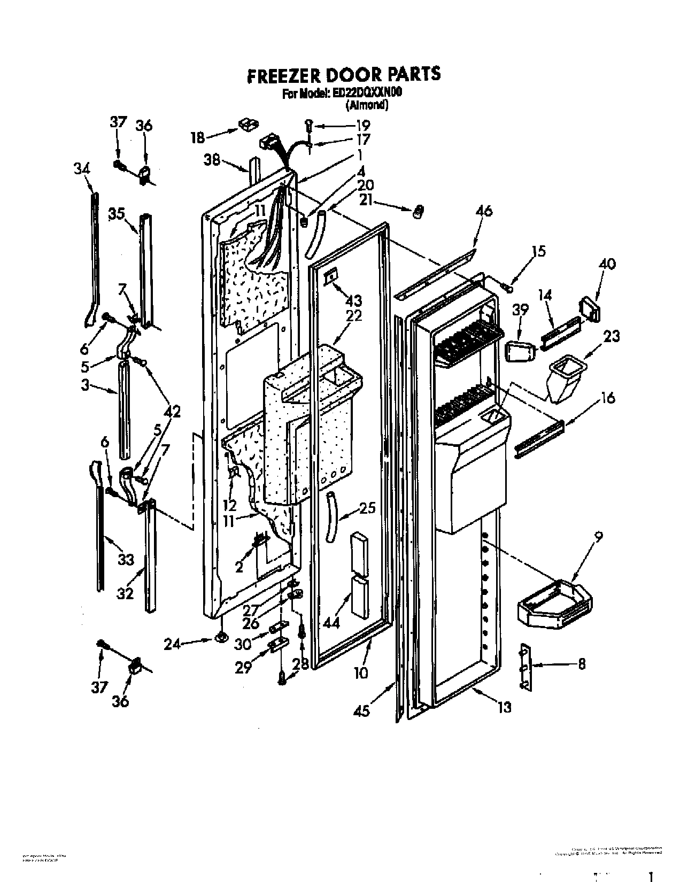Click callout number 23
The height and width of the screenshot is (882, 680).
[x=612, y=336]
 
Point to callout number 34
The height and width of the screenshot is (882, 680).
[x=82, y=169]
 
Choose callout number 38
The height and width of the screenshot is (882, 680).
[x=212, y=159]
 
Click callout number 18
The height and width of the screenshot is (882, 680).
[x=198, y=137]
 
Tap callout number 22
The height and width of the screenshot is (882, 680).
[x=354, y=316]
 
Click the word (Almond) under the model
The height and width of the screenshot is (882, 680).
[x=367, y=105]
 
